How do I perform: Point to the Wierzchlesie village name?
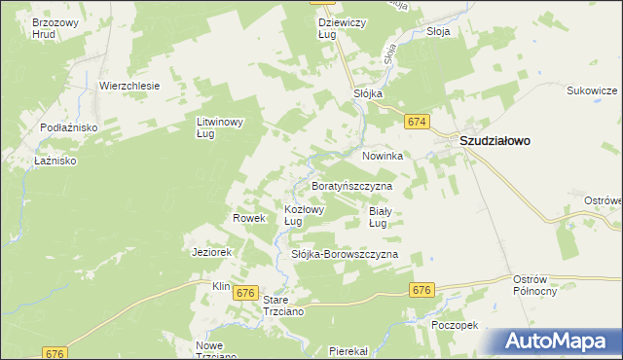129,86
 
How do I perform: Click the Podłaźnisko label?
66,128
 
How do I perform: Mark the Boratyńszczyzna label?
350,185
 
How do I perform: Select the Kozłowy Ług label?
304,215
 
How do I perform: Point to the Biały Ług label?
380,216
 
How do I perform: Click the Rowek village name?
249,219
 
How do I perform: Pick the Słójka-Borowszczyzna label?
346,255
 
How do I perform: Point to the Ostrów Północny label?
535,286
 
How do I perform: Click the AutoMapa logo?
560,341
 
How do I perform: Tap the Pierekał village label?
348,350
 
